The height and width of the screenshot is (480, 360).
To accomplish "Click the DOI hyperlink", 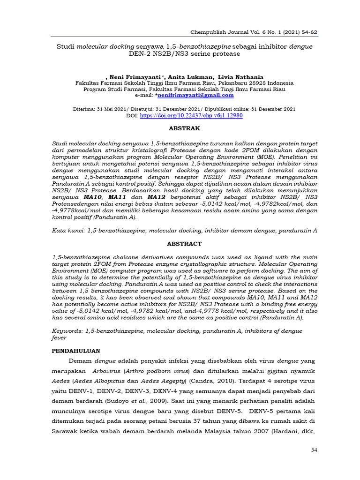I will (191, 115).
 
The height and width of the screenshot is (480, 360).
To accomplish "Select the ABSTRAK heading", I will (184, 128).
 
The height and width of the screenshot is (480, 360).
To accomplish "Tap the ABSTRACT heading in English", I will (184, 244).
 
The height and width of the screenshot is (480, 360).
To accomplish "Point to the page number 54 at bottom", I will (314, 450).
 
